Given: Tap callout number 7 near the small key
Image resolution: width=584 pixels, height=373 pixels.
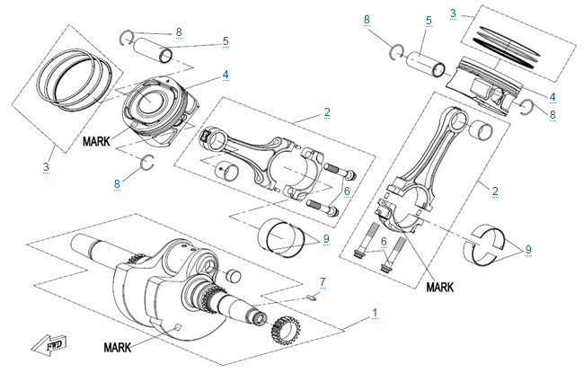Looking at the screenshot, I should [323, 281].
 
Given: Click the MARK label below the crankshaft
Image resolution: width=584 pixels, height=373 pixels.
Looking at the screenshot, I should [123, 346].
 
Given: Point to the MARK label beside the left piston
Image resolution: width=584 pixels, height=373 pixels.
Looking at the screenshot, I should [96, 141].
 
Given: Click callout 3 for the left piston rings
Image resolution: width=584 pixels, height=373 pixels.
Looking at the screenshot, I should [46, 166].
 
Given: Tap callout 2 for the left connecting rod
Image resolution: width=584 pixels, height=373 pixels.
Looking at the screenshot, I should [327, 112].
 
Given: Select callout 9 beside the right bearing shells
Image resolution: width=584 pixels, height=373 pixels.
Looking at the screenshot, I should [528, 249].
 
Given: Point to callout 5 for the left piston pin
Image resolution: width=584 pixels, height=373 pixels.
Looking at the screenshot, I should [225, 40].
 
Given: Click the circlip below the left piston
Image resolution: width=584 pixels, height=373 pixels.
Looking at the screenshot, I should [149, 163].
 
